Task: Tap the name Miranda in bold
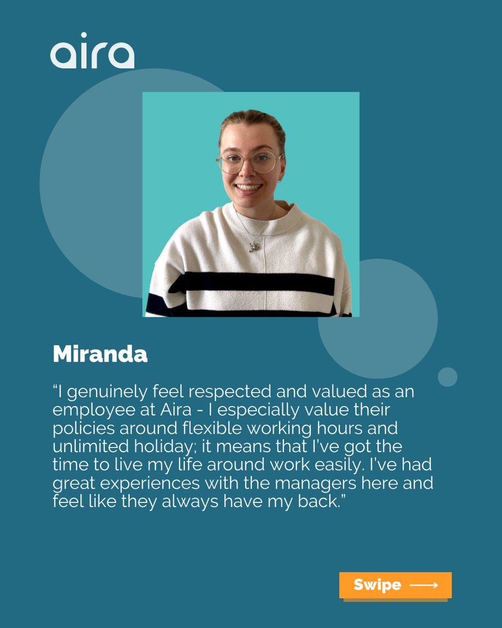[100, 354]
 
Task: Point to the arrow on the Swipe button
[424, 585]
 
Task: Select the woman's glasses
[248, 162]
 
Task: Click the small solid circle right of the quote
[447, 377]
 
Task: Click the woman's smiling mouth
[249, 187]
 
